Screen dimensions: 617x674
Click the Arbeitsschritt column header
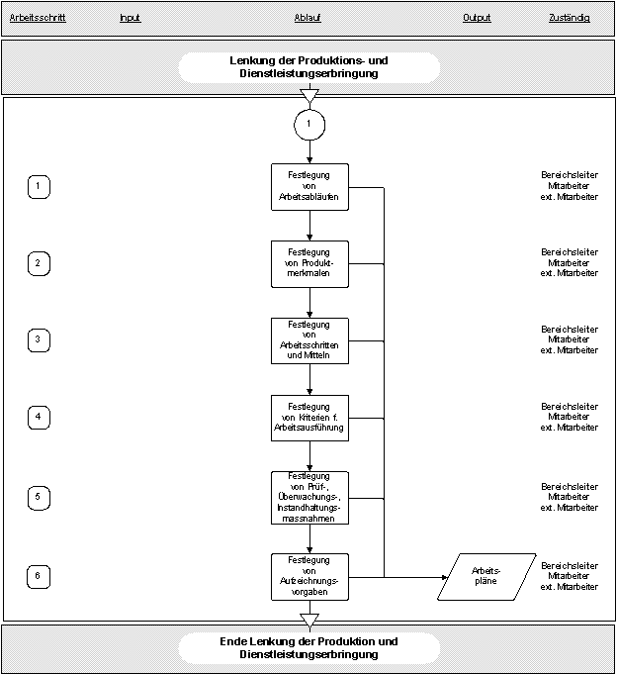coord(38,18)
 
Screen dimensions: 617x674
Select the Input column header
coord(131,18)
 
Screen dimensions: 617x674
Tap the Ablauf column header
coord(308,18)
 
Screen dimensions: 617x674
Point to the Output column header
coord(477,18)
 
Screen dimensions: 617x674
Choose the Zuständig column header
coord(570,18)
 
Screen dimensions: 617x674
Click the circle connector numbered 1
coord(309,125)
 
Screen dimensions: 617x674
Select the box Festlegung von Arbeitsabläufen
coord(309,187)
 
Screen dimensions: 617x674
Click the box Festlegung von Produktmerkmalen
coord(309,264)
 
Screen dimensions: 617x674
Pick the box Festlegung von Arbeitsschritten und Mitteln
coord(309,340)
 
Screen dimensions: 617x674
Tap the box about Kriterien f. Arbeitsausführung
coord(309,418)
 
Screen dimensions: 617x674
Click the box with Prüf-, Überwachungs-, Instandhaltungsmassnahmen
coord(309,498)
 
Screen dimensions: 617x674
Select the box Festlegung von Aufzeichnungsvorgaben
coord(309,577)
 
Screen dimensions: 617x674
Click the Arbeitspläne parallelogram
coord(486,577)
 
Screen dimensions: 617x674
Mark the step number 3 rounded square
coord(39,340)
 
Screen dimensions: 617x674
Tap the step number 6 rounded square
coord(39,577)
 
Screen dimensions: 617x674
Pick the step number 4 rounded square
coord(39,418)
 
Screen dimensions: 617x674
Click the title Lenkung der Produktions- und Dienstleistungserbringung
coord(309,67)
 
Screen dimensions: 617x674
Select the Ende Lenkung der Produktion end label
coord(309,648)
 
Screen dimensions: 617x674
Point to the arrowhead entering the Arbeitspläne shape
coord(445,577)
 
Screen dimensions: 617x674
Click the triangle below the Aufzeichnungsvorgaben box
coord(309,620)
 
